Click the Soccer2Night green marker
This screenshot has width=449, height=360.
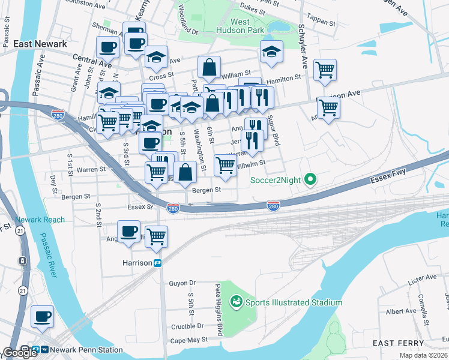click(310, 179)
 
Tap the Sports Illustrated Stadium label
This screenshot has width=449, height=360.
click(288, 302)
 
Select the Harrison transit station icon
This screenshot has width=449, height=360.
click(158, 263)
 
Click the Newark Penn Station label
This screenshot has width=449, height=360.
click(86, 350)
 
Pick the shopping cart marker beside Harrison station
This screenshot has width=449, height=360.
click(156, 236)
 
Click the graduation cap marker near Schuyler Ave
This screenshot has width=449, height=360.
click(271, 52)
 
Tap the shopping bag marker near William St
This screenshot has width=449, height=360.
click(209, 68)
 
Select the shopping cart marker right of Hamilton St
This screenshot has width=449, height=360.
click(325, 69)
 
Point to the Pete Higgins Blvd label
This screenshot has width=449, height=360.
click(220, 310)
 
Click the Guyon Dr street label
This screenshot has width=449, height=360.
click(182, 283)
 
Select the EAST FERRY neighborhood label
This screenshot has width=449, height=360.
click(398, 343)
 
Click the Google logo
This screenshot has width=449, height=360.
click(20, 353)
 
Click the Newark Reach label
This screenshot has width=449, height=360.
click(40, 220)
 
